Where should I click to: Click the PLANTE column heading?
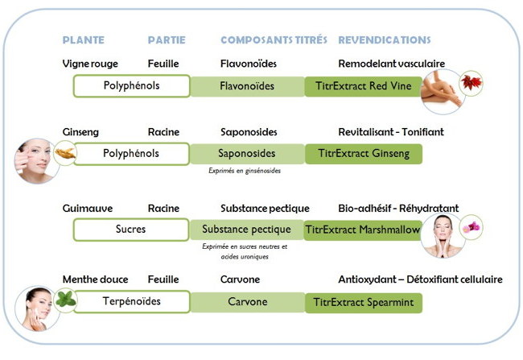[84, 40]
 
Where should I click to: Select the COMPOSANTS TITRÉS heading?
[274, 40]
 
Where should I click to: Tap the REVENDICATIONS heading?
[385, 40]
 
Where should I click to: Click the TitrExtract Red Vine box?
[363, 86]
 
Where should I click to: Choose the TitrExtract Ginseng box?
[364, 154]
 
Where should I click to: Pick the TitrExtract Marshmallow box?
[363, 230]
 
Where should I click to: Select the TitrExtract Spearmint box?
[364, 303]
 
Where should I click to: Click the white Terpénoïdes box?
[132, 301]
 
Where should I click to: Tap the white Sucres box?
[130, 230]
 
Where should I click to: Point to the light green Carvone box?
[248, 302]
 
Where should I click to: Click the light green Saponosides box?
[247, 154]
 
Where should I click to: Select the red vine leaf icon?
[471, 82]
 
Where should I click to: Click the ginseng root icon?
[65, 153]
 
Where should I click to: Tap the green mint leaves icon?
[66, 300]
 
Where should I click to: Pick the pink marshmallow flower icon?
[471, 227]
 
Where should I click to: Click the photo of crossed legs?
[442, 92]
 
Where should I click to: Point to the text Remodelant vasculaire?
[392, 64]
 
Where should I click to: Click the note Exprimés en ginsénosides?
[245, 171]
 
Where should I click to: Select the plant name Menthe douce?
[96, 279]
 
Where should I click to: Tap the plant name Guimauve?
[88, 209]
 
